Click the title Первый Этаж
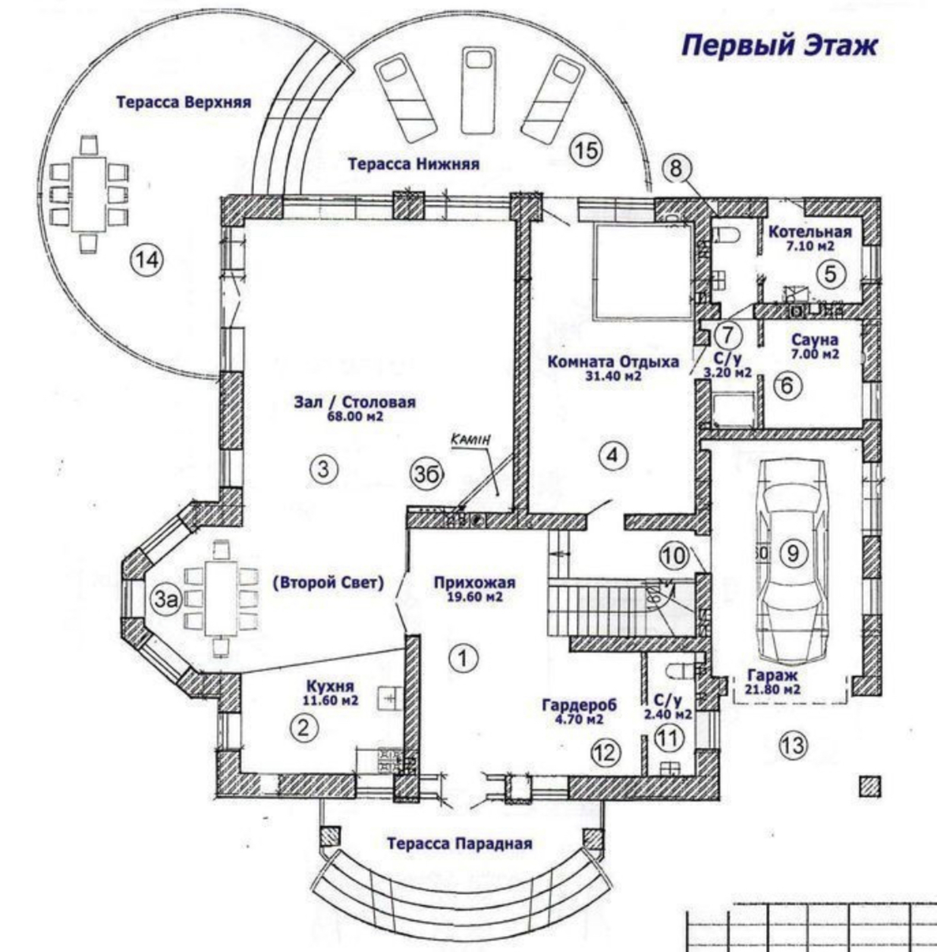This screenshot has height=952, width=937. (779, 46)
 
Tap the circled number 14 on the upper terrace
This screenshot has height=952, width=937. (147, 260)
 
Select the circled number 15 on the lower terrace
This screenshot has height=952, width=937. (586, 150)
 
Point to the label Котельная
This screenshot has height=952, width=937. (810, 231)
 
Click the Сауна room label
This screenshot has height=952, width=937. (815, 340)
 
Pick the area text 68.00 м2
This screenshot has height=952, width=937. (355, 416)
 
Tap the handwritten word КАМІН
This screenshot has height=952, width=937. (471, 440)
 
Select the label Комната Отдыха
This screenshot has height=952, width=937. (613, 362)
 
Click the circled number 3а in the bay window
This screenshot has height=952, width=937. (166, 599)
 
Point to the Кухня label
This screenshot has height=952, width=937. (330, 686)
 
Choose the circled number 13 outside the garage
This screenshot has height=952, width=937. (793, 745)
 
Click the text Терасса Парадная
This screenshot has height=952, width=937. (459, 843)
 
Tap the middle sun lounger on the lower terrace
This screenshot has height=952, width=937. (478, 90)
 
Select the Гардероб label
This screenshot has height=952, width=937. (579, 705)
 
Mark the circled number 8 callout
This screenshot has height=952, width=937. (675, 168)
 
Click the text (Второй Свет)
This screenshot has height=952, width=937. (328, 583)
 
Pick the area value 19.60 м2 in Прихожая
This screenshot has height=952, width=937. (474, 596)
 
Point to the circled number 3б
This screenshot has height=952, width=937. (427, 474)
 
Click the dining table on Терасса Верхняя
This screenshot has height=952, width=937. (89, 193)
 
